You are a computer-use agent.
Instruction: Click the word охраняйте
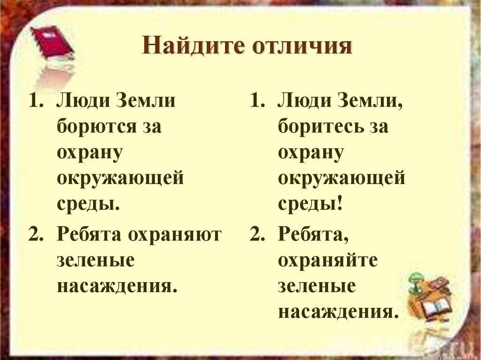327,260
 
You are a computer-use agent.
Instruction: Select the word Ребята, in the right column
312,235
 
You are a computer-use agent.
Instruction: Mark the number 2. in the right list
257,235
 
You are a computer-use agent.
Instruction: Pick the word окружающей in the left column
120,179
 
